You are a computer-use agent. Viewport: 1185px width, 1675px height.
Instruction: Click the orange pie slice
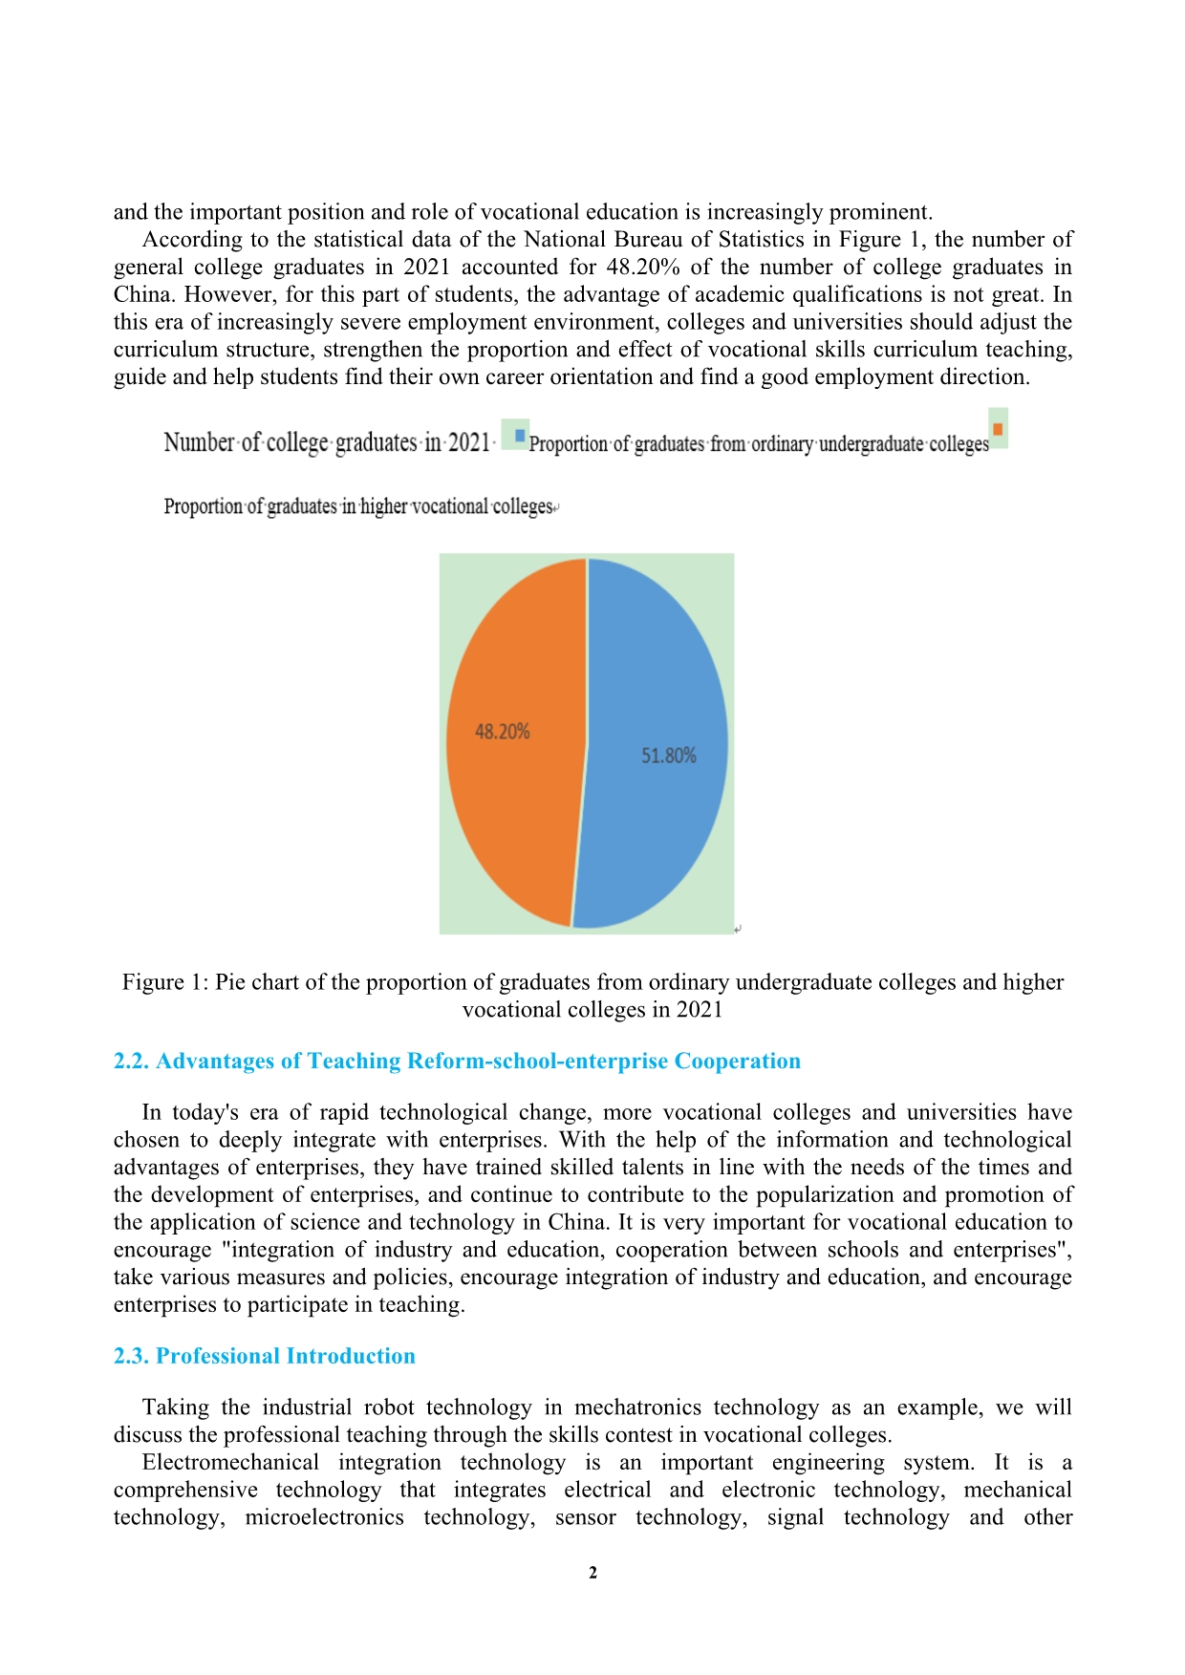(x=511, y=812)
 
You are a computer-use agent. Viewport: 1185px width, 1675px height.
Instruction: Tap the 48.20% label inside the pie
(x=503, y=732)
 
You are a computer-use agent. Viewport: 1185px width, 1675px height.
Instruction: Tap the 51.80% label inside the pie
(x=669, y=756)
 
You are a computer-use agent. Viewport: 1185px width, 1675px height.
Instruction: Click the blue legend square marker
(x=520, y=436)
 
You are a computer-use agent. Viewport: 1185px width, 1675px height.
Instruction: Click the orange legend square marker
(x=998, y=429)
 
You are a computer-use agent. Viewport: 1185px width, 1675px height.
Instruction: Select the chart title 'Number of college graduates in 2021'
(x=327, y=442)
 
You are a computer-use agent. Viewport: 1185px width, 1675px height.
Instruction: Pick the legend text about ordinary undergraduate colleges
(x=759, y=444)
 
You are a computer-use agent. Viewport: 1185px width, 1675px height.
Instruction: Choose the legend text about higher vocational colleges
(x=358, y=506)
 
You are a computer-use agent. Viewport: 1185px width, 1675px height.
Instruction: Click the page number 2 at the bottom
(x=592, y=1573)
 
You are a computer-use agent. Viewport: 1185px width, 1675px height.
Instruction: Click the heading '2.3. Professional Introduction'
(x=264, y=1356)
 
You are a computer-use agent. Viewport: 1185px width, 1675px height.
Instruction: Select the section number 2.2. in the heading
(x=132, y=1062)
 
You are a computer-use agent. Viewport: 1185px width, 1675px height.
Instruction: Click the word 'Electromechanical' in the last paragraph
(x=230, y=1463)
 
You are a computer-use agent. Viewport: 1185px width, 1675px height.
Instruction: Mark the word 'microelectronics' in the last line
(x=324, y=1518)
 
